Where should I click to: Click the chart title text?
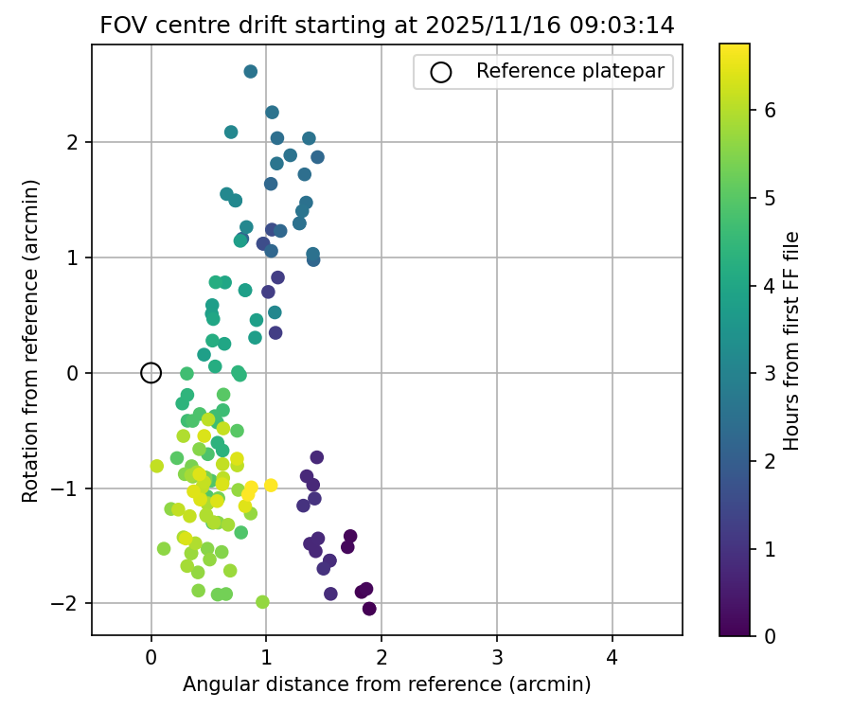pyautogui.click(x=387, y=26)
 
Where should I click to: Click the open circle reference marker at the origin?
pyautogui.click(x=151, y=373)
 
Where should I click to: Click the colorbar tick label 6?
pyautogui.click(x=771, y=110)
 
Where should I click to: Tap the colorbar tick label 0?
pyautogui.click(x=771, y=636)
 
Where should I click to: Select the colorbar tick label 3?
pyautogui.click(x=771, y=373)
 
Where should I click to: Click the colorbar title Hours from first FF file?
pyautogui.click(x=792, y=340)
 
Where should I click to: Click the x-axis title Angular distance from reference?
pyautogui.click(x=387, y=684)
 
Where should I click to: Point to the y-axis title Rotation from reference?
pyautogui.click(x=31, y=340)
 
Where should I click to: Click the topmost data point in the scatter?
pyautogui.click(x=251, y=72)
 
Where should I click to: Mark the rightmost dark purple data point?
pyautogui.click(x=369, y=609)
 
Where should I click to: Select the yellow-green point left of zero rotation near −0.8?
pyautogui.click(x=157, y=466)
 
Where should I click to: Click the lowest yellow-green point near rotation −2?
pyautogui.click(x=262, y=602)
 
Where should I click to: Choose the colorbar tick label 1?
pyautogui.click(x=771, y=548)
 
